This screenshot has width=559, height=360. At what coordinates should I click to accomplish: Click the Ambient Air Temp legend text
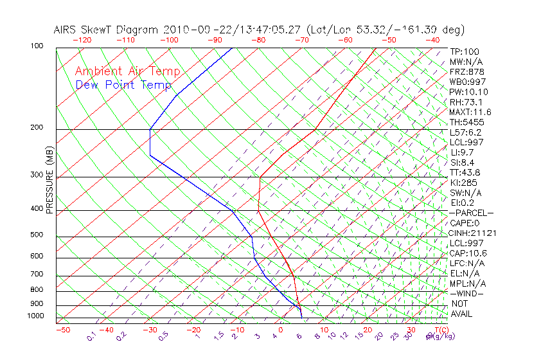pos(127,71)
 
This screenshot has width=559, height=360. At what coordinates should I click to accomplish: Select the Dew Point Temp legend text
pos(123,85)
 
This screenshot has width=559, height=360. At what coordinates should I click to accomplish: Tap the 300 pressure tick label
pos(37,175)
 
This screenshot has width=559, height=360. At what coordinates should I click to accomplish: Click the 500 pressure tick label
pos(37,235)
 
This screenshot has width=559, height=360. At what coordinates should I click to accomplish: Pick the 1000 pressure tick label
pos(35,316)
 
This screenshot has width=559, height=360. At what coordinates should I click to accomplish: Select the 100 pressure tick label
pos(37,46)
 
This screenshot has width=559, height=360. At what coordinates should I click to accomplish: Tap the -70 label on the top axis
pos(301,40)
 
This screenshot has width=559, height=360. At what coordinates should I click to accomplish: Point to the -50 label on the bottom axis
pos(62,330)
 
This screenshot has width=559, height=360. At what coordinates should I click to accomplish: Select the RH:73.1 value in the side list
pos(466,102)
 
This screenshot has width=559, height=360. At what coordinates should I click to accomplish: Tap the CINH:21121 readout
pos(473,233)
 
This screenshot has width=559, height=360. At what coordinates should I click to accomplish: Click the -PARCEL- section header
pos(471,213)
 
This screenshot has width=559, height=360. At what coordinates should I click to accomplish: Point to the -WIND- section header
pos(467,293)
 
